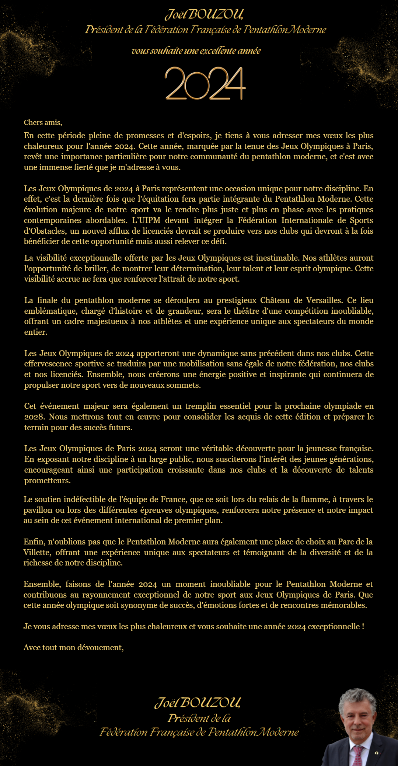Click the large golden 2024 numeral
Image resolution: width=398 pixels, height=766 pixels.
205,84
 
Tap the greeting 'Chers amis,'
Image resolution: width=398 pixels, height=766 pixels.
43,122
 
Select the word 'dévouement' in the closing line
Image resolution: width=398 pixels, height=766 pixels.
100,648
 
